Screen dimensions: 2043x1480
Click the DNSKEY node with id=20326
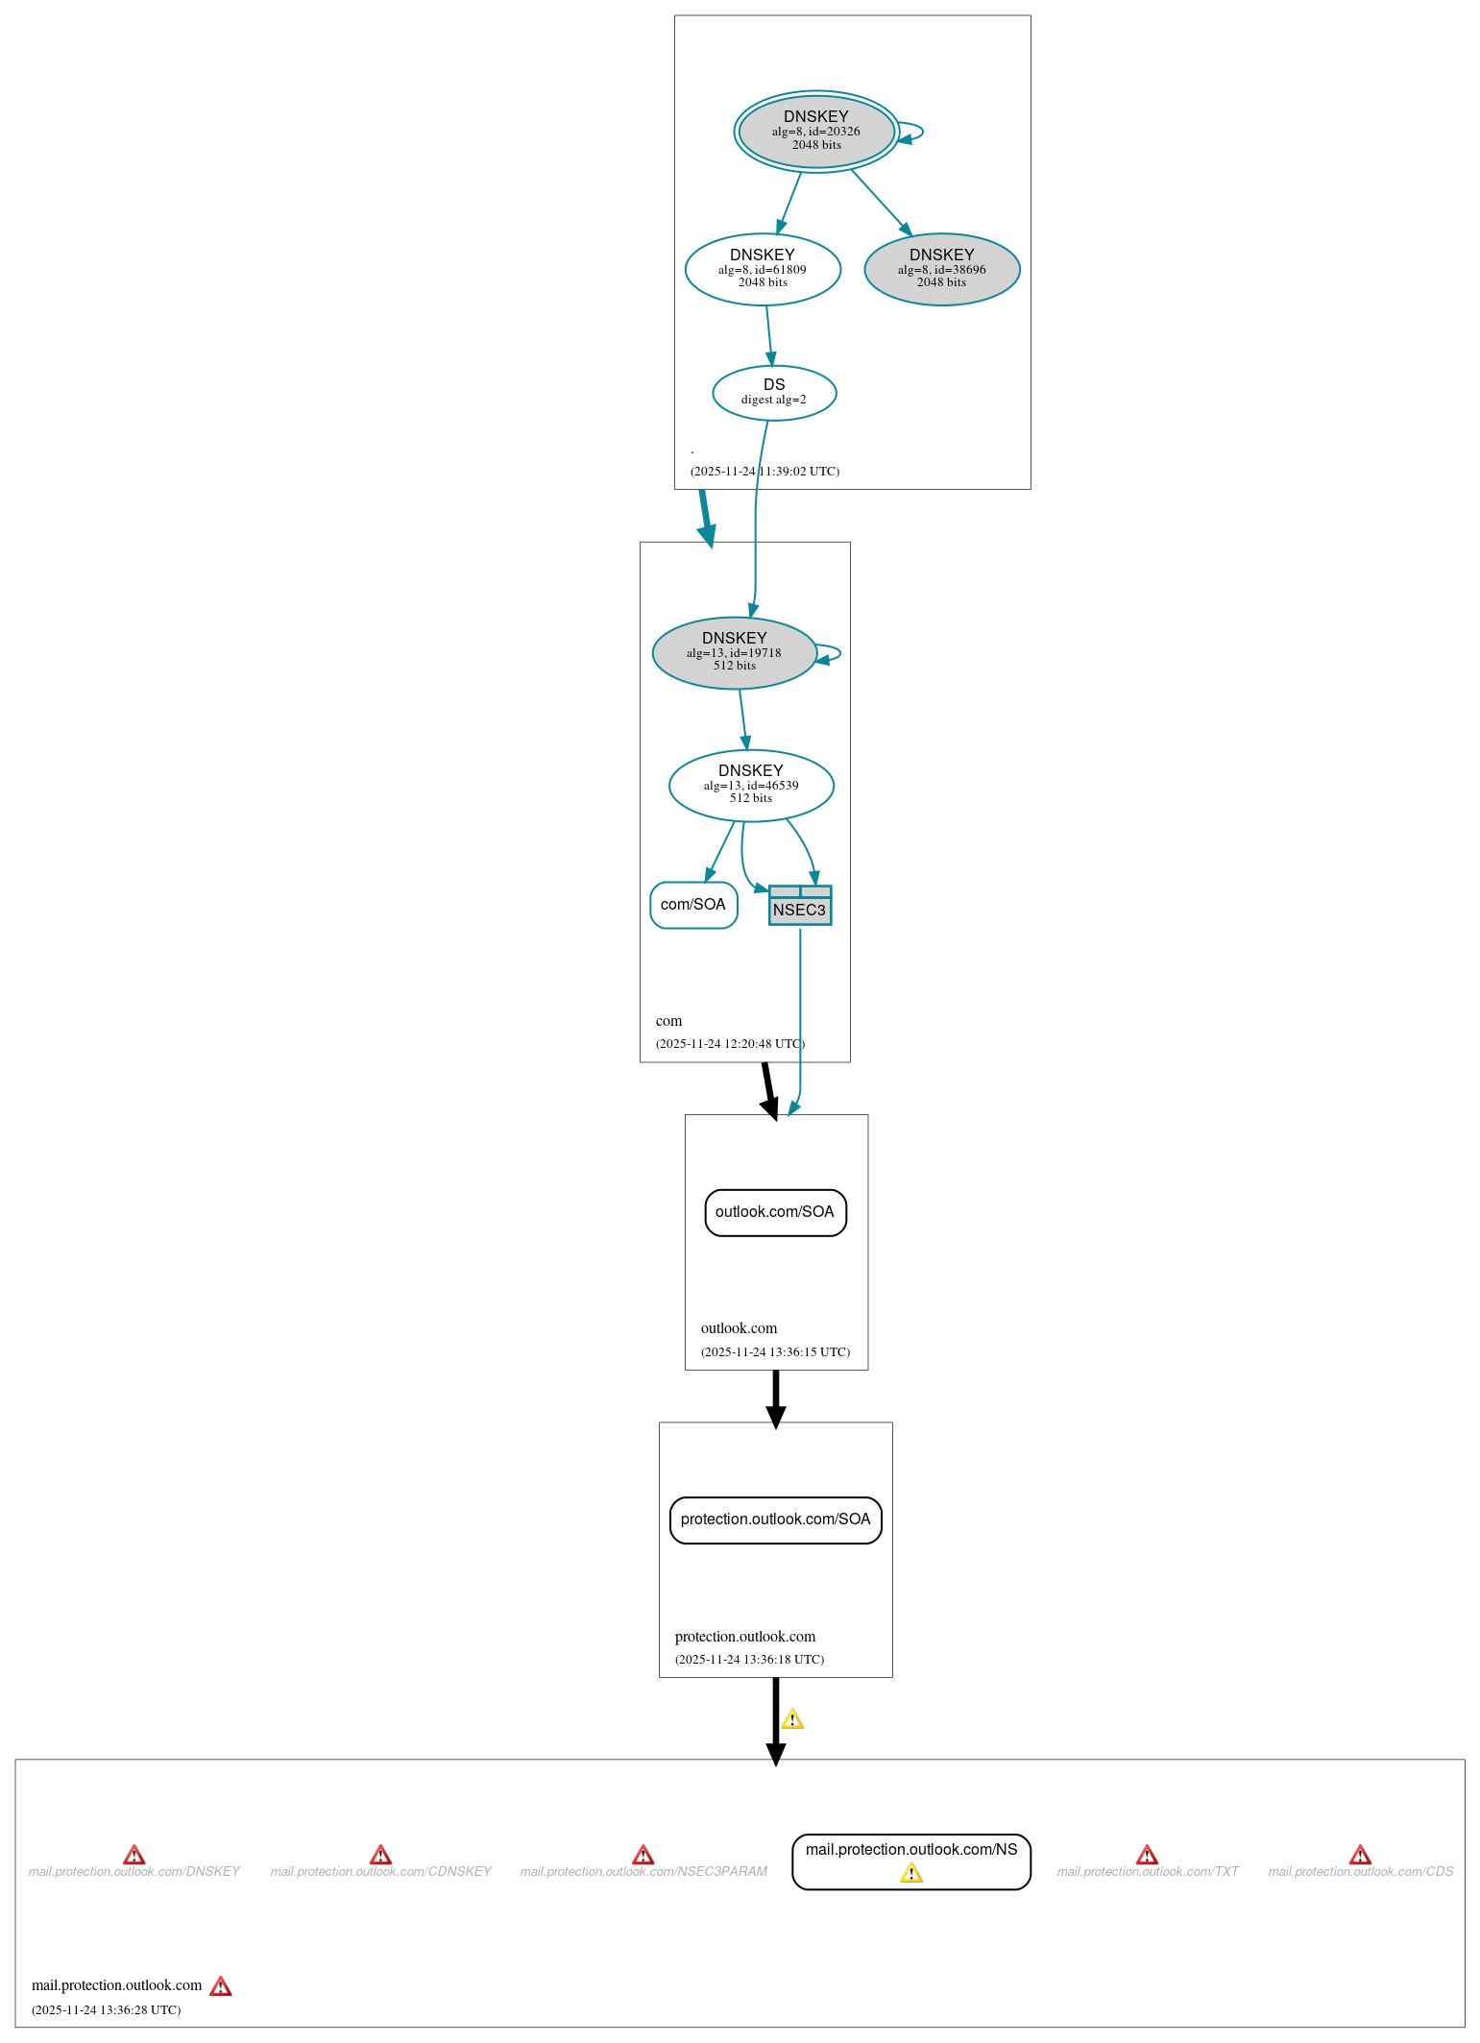tap(816, 132)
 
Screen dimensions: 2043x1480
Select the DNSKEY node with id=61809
tap(763, 269)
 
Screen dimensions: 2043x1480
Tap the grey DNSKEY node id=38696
tap(941, 269)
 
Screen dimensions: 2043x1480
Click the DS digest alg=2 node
tap(774, 392)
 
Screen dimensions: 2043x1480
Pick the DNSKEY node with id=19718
tap(734, 652)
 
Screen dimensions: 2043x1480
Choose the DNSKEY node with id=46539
tap(751, 785)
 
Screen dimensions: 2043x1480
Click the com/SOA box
tap(693, 905)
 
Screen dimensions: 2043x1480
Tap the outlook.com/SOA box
tap(775, 1212)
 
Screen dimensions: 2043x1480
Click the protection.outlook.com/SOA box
tap(775, 1520)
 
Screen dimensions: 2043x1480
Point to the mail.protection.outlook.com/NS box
tap(910, 1851)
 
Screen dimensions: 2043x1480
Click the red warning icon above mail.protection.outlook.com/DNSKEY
tap(134, 1854)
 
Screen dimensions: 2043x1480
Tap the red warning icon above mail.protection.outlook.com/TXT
tap(1147, 1854)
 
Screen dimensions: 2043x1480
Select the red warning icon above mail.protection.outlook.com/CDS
tap(1360, 1854)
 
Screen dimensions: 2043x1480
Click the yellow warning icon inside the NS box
tap(911, 1873)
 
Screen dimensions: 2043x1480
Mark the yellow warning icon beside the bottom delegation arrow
tap(792, 1719)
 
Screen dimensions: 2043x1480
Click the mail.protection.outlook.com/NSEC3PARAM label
tap(643, 1871)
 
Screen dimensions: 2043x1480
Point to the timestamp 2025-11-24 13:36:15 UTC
tap(775, 1351)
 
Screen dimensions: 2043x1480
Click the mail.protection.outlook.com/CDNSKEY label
tap(380, 1871)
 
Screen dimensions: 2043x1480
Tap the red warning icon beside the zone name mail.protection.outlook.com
tap(221, 1985)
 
